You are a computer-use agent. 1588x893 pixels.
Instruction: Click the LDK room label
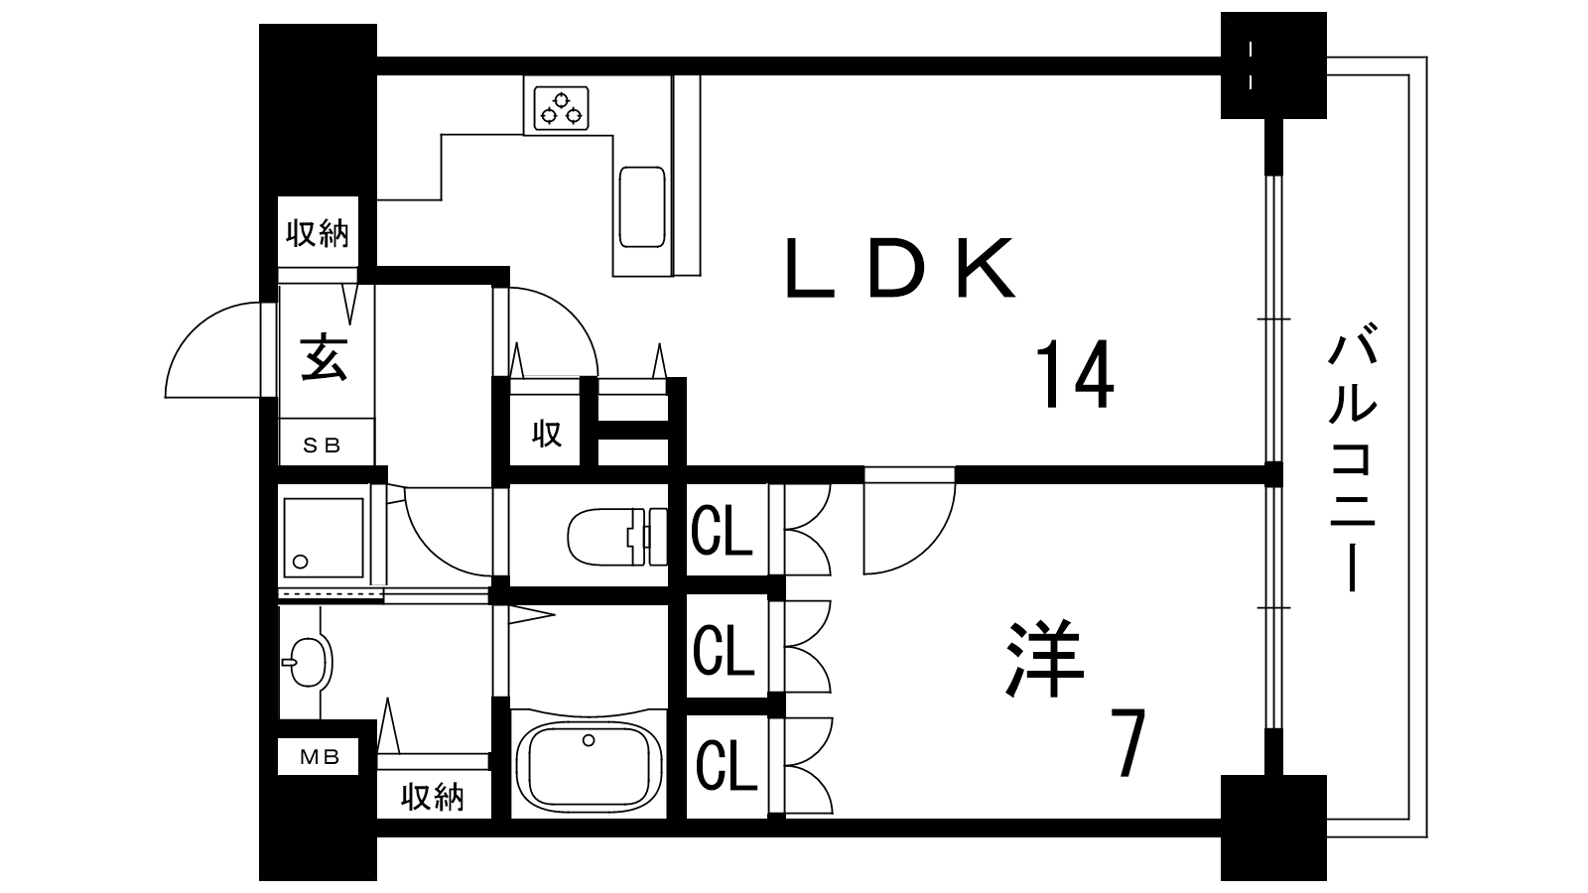[900, 268]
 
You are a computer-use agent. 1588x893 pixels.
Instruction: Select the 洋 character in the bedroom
[1045, 659]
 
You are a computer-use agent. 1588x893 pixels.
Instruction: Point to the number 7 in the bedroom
[1127, 743]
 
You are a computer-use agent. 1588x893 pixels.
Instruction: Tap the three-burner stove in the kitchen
[562, 108]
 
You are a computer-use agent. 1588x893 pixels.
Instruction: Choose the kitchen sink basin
[642, 207]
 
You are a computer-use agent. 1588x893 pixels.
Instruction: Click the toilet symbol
[617, 537]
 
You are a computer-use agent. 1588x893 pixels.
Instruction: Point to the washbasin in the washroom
[308, 662]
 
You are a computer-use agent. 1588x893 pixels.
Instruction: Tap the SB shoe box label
[323, 446]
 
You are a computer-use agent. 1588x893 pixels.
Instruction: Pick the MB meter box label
[320, 757]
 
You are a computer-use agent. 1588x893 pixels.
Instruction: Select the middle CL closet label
[724, 649]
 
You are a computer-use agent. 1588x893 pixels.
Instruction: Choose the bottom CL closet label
[726, 766]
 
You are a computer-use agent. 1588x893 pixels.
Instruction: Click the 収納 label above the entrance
[318, 233]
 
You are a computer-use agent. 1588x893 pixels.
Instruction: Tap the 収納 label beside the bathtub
[433, 798]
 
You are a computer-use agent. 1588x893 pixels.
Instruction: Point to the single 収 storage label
[547, 433]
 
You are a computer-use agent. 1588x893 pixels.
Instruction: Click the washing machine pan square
[324, 537]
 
